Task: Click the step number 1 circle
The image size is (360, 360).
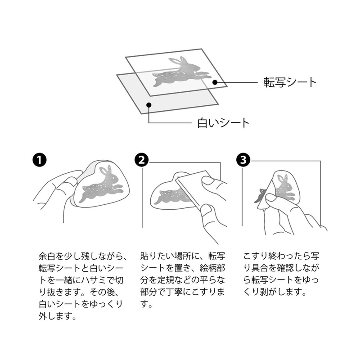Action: tap(40, 160)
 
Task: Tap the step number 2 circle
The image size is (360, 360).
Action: tap(142, 160)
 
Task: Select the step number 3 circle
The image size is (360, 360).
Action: tap(243, 160)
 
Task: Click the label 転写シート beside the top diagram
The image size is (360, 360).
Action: tap(290, 82)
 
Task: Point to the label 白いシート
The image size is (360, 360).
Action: tap(223, 123)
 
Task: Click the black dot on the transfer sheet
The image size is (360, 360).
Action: tap(215, 82)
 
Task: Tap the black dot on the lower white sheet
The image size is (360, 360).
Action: tap(149, 105)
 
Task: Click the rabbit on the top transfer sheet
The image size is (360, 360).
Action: tap(182, 72)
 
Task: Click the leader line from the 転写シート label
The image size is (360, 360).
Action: tap(236, 82)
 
